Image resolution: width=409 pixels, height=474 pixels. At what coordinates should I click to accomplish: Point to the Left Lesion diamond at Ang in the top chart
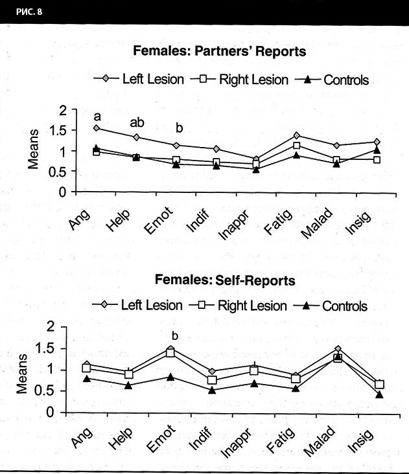pos(97,128)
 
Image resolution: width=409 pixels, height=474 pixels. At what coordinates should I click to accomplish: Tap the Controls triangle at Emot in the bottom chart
pos(170,377)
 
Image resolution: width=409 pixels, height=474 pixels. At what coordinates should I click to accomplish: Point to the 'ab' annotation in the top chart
pos(137,121)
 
